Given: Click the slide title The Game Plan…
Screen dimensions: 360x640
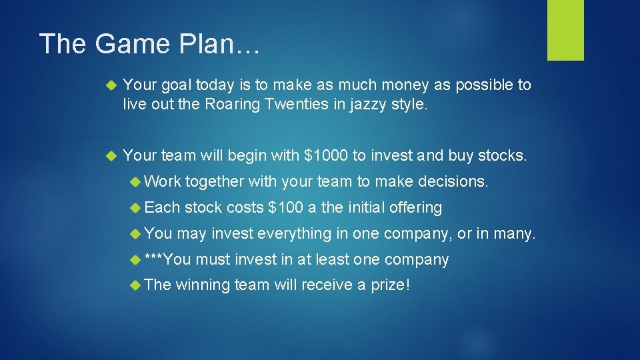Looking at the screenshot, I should coord(151,44).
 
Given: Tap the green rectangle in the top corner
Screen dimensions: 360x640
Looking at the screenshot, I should coord(565,29).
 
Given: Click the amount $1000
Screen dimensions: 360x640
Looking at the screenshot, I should coord(326,156).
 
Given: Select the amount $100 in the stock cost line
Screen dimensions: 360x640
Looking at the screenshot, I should coord(285,207).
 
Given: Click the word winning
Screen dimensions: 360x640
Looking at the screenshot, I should coord(203,285).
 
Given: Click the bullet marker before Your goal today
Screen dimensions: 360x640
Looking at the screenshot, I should coord(111,85).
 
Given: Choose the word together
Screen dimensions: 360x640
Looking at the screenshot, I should coord(215,181).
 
